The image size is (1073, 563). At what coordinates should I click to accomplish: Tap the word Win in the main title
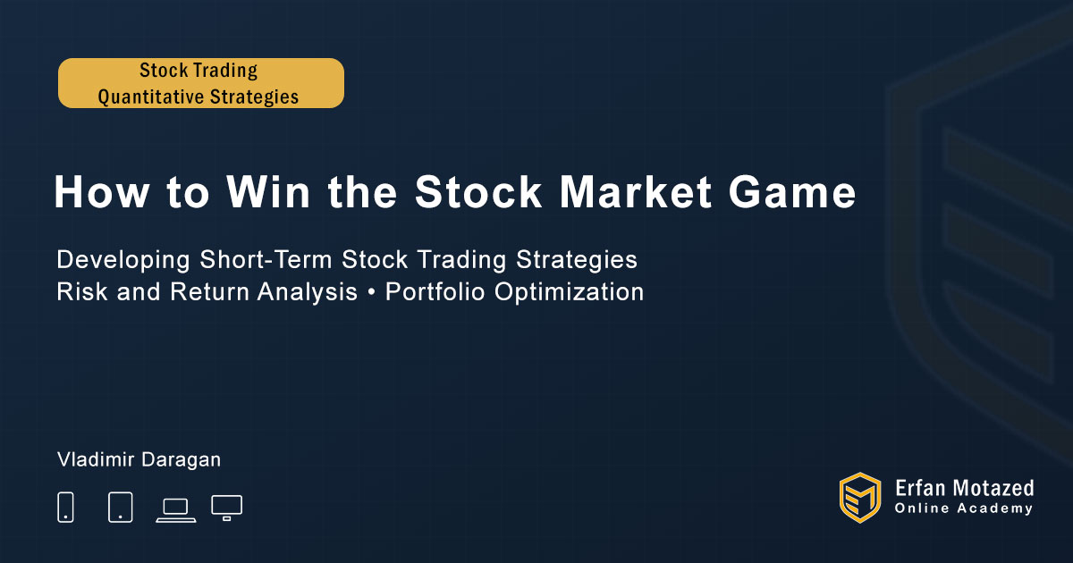(x=268, y=192)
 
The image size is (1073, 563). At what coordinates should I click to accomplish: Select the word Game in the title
(x=792, y=192)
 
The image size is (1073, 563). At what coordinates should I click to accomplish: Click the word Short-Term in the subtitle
(x=266, y=259)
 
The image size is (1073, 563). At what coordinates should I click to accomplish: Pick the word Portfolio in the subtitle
(x=435, y=291)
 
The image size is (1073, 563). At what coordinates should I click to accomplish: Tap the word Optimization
(x=569, y=292)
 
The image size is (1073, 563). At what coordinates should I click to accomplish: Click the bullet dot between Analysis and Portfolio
(x=371, y=292)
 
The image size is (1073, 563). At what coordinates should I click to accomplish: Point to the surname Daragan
(x=181, y=460)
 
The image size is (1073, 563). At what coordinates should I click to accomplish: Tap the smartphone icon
(x=65, y=507)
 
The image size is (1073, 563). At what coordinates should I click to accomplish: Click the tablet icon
(x=120, y=507)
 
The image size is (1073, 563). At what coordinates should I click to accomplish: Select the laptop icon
(x=176, y=510)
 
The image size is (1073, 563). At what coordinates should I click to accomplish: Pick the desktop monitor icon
(x=226, y=508)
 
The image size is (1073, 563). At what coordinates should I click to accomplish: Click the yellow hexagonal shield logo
(x=860, y=498)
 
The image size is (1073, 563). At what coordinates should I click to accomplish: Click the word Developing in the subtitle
(x=123, y=260)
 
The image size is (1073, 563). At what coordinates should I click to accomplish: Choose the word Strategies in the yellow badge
(x=254, y=97)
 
